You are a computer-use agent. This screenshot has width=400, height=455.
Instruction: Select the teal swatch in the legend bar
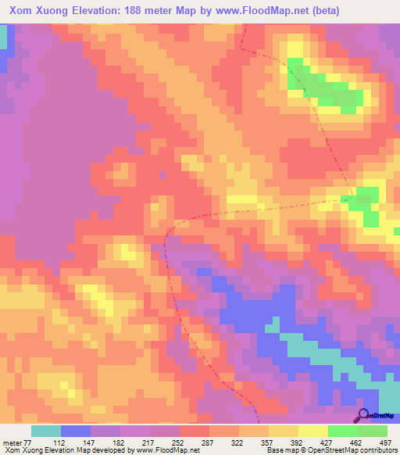pyautogui.click(x=45, y=431)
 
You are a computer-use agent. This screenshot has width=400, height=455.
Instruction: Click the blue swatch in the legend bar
pyautogui.click(x=75, y=431)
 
